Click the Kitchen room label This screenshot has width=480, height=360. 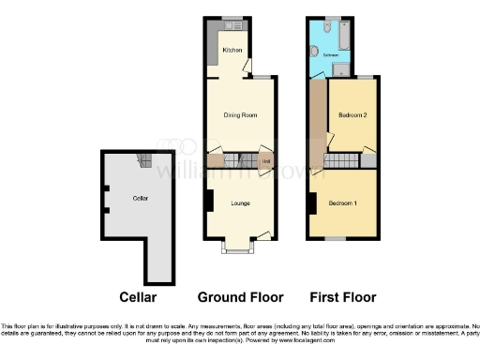click(232, 50)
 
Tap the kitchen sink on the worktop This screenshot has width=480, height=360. click(232, 23)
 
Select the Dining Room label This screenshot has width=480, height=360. click(240, 115)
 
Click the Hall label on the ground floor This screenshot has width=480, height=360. click(266, 161)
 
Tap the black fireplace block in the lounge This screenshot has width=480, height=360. click(209, 200)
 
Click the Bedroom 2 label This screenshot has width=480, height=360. click(352, 114)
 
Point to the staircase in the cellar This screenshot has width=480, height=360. click(144, 162)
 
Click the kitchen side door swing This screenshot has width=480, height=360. click(247, 67)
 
